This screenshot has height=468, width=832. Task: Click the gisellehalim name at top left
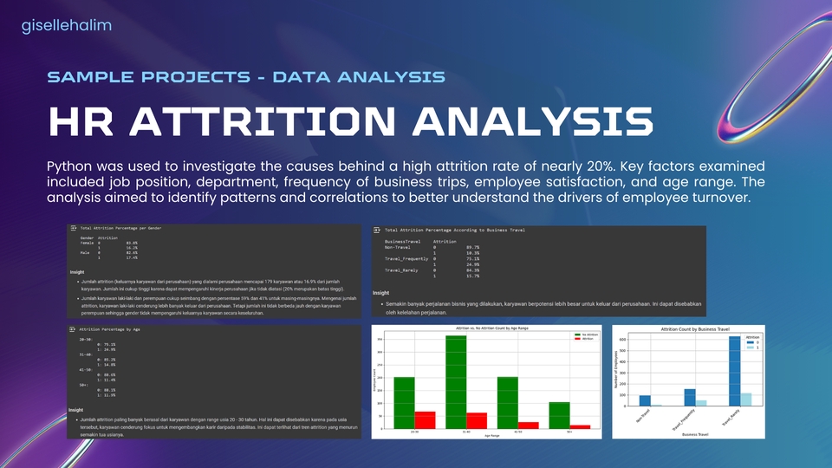click(x=66, y=26)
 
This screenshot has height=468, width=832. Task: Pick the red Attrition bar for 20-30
click(x=426, y=419)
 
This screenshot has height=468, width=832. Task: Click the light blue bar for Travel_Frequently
click(x=702, y=402)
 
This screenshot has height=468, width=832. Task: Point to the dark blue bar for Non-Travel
click(x=645, y=400)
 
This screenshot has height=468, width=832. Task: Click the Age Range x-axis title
click(x=491, y=436)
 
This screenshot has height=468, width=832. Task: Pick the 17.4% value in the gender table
click(x=131, y=258)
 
